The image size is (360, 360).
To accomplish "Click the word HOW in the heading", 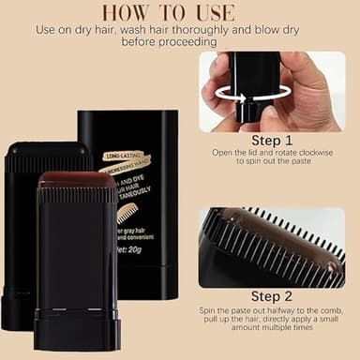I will tap(127, 12).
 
